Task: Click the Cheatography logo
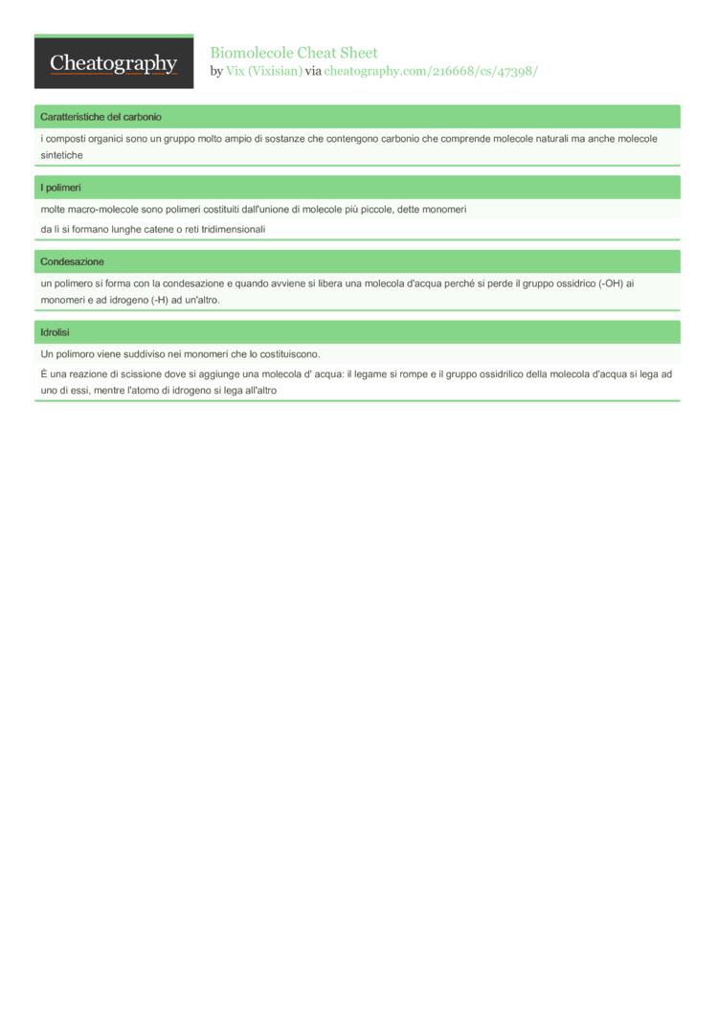pyautogui.click(x=114, y=63)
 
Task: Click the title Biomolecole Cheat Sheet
pyautogui.click(x=294, y=53)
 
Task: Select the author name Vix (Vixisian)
pyautogui.click(x=263, y=71)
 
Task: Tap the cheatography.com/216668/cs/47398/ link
pyautogui.click(x=431, y=71)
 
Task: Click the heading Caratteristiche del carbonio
pyautogui.click(x=101, y=117)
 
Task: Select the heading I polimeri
pyautogui.click(x=60, y=188)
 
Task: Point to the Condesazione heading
pyautogui.click(x=72, y=261)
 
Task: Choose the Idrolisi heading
pyautogui.click(x=56, y=332)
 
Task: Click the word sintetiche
pyautogui.click(x=62, y=155)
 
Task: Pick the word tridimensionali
pyautogui.click(x=227, y=229)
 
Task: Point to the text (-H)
pyautogui.click(x=159, y=301)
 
